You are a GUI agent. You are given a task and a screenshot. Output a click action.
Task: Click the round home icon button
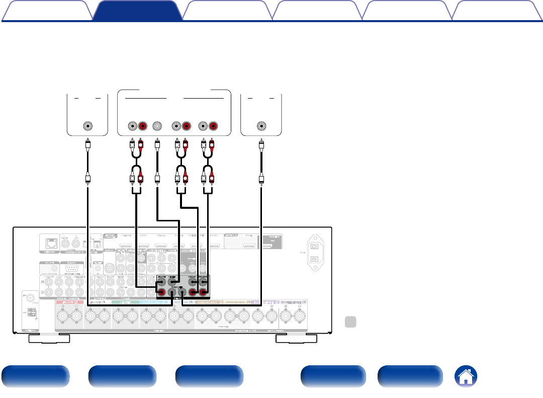[466, 376]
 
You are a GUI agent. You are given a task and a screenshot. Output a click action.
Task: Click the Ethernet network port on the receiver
[50, 244]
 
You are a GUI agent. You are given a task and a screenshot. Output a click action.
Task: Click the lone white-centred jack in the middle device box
[157, 126]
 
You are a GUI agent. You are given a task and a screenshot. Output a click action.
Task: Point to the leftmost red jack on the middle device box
[142, 126]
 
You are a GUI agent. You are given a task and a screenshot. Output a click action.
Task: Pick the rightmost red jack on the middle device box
[213, 126]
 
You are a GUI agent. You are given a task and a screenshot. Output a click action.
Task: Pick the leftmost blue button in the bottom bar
[35, 376]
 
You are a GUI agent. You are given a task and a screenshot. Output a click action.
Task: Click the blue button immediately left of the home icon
[410, 376]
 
